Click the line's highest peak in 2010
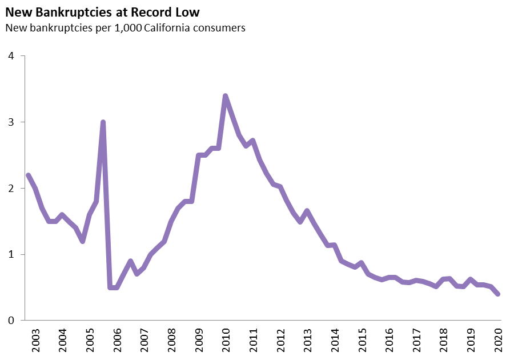click(x=225, y=96)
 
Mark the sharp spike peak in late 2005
click(x=103, y=122)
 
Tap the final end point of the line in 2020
click(x=498, y=294)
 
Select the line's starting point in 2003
click(x=28, y=175)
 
